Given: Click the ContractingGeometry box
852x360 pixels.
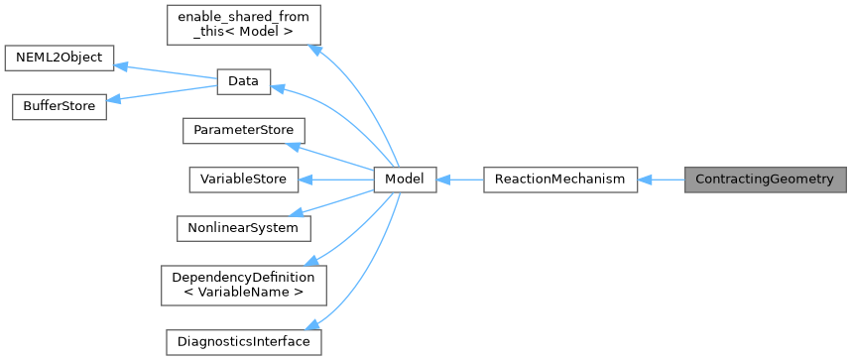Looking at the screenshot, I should [765, 180].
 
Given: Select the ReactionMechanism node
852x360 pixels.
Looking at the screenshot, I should [559, 180].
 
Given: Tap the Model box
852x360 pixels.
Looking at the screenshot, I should [405, 180].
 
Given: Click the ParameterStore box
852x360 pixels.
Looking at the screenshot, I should [244, 131].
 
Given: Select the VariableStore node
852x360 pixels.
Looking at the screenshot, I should [244, 180].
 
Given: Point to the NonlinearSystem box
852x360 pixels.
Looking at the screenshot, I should [244, 227].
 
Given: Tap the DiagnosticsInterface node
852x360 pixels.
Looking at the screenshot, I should [244, 341].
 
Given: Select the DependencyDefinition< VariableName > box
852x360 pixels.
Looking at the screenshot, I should [244, 284].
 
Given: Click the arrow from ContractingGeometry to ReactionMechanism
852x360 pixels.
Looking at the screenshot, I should [661, 180].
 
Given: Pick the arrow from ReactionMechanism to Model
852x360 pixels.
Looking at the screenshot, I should [459, 180].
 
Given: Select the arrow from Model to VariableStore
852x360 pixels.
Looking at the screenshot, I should [337, 180].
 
